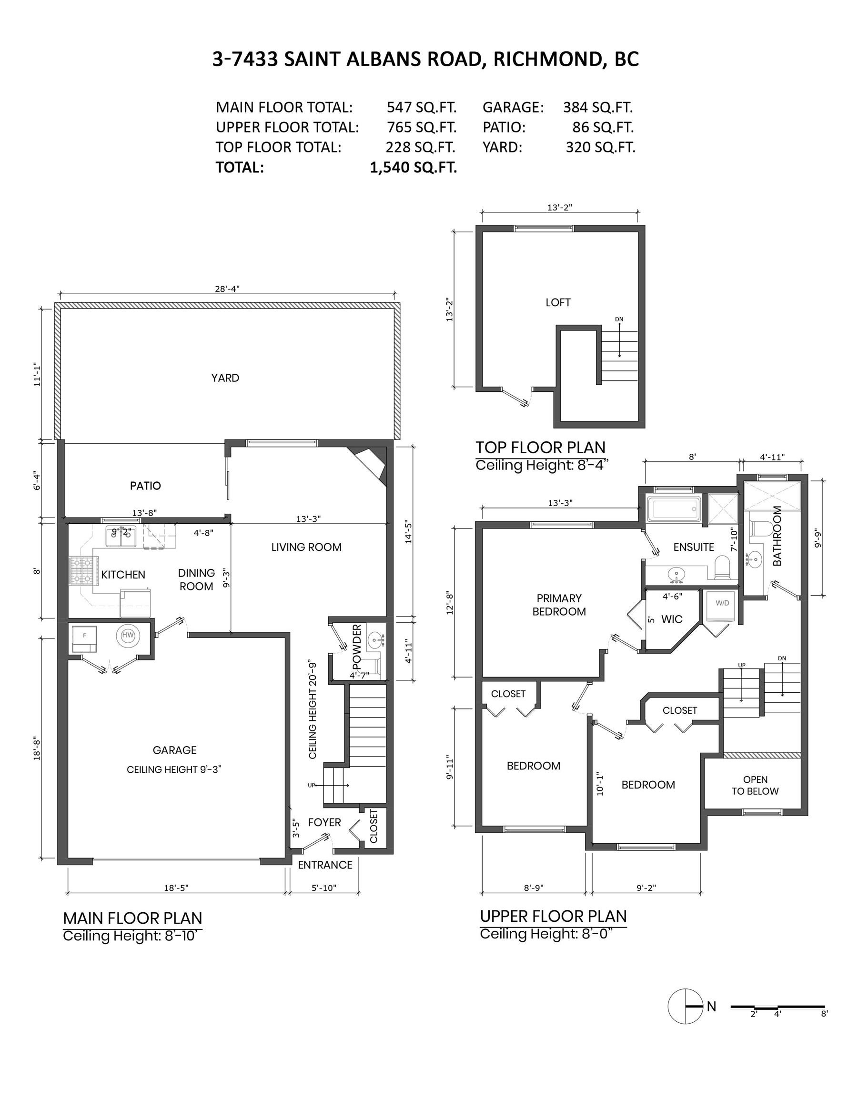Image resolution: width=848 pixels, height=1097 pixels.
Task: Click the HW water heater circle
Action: point(128,636)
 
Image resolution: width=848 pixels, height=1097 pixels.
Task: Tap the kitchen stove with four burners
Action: point(81,572)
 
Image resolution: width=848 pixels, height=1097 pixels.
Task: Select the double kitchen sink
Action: point(121,537)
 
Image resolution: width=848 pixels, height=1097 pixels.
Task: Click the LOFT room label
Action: point(558,302)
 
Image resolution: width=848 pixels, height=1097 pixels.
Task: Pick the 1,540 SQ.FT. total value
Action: point(413,167)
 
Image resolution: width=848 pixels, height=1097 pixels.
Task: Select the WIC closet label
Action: point(672,619)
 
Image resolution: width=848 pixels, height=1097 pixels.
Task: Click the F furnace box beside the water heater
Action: point(84,636)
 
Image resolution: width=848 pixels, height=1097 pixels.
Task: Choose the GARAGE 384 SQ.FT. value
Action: point(598,107)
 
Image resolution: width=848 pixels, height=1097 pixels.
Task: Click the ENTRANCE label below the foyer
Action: point(325,865)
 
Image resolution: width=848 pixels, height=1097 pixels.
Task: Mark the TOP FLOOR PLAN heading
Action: point(540,447)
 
